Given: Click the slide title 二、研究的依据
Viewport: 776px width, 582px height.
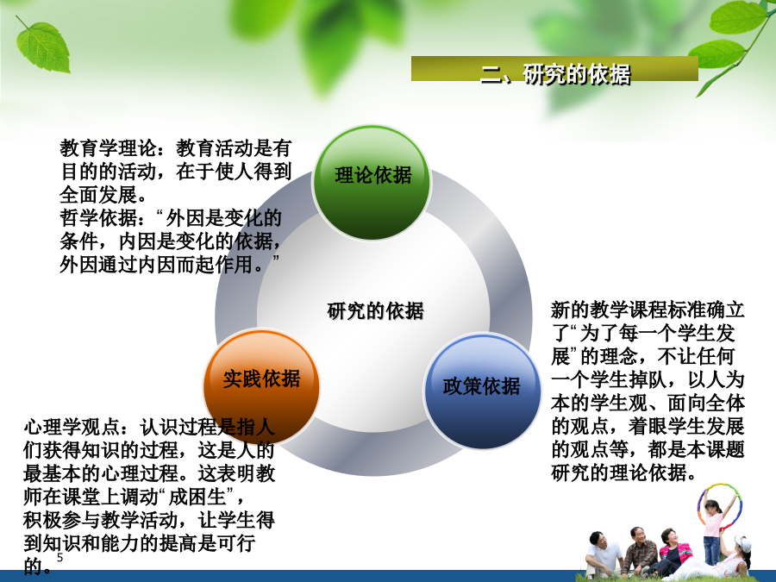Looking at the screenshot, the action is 555,74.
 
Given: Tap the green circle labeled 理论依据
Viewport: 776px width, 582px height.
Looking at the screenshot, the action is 372,182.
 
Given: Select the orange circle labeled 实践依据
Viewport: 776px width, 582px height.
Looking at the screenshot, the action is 261,386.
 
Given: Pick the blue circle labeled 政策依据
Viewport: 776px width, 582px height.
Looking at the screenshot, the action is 483,391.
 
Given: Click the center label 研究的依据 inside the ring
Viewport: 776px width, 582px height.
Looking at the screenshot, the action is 375,311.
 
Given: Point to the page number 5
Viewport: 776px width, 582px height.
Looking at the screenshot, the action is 59,558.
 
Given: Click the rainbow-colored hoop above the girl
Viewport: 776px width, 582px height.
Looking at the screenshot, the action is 720,504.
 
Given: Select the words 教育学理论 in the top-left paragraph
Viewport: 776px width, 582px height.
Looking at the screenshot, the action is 108,148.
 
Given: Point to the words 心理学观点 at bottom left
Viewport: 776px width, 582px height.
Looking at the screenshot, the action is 72,427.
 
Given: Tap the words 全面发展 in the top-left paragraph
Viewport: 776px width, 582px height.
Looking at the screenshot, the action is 98,195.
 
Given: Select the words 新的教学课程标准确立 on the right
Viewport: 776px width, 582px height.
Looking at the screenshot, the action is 648,310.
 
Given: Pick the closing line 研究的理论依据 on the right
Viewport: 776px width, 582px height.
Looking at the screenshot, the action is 618,472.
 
